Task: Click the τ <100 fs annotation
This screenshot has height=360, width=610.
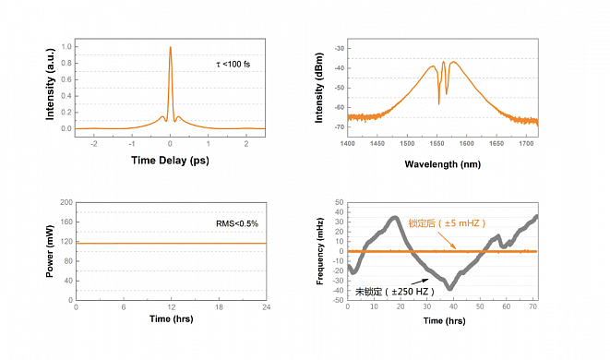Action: [233, 65]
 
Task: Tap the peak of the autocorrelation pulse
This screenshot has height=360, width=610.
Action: [171, 47]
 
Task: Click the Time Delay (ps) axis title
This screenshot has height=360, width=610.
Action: [170, 161]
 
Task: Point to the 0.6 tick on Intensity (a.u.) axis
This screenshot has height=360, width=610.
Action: [66, 79]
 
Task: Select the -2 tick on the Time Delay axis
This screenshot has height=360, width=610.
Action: [94, 144]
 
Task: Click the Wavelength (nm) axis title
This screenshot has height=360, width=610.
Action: [443, 164]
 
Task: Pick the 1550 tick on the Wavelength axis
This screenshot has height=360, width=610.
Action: [437, 144]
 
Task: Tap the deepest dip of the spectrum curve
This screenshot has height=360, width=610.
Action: [439, 104]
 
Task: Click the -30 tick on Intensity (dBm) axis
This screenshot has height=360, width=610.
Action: [340, 48]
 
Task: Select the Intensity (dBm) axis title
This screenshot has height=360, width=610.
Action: [319, 88]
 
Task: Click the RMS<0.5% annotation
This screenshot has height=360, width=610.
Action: [237, 223]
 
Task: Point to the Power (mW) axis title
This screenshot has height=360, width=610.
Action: [50, 251]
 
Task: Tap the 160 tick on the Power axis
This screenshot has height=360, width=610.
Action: [66, 222]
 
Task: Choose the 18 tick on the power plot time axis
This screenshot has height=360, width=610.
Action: [219, 307]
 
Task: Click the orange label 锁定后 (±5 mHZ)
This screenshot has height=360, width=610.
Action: [447, 223]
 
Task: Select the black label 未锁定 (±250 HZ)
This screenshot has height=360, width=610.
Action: [394, 292]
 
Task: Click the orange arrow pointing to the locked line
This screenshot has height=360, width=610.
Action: [447, 240]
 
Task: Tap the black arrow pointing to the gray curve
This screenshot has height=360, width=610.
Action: [420, 282]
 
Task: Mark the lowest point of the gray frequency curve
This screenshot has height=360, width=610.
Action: [450, 289]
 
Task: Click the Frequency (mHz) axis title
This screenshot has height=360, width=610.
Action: [320, 251]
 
